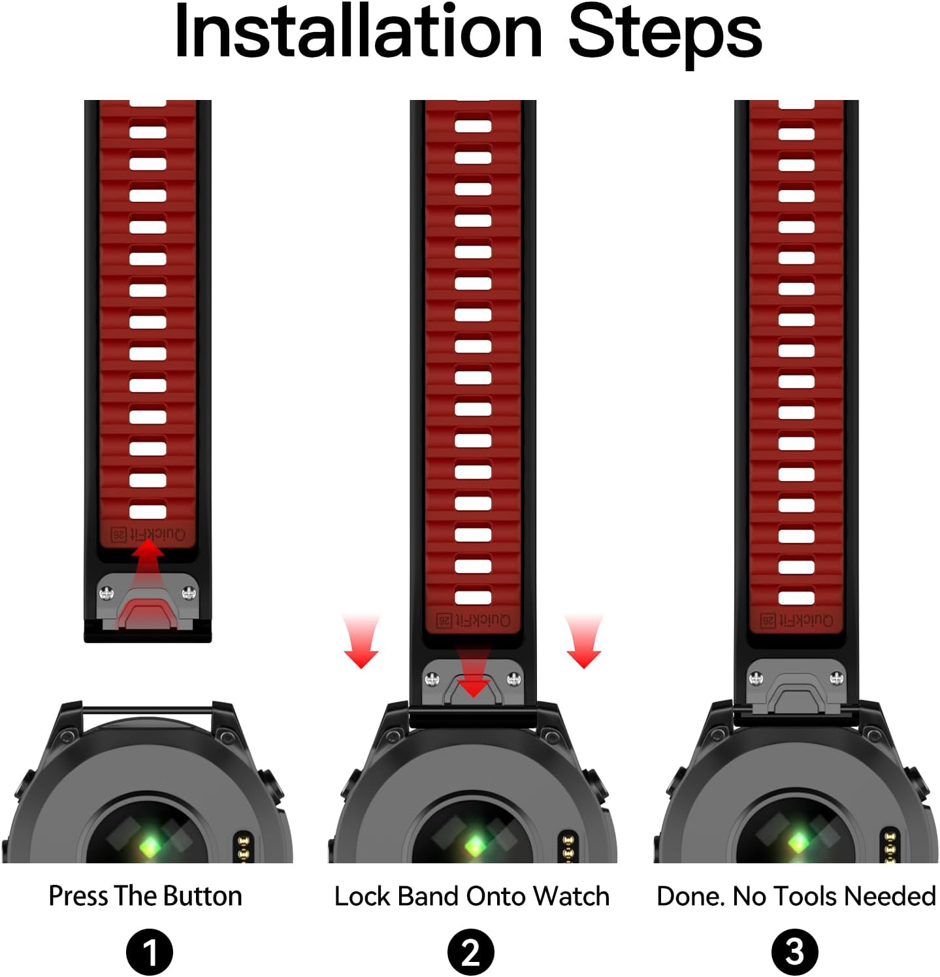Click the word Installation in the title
point(359,31)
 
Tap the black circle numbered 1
point(150,952)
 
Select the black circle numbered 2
point(471,952)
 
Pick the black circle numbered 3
point(794,952)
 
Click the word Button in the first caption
point(203,896)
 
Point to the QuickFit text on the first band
point(149,534)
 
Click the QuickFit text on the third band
point(797,620)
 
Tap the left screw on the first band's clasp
point(106,593)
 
